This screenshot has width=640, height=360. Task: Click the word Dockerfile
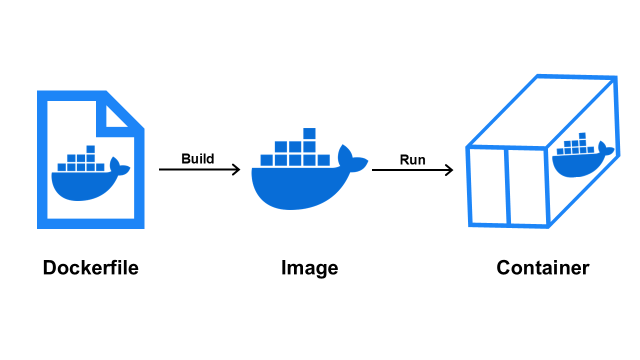pyautogui.click(x=90, y=268)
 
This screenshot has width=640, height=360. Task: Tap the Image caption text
pyautogui.click(x=309, y=268)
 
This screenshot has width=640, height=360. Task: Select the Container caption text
pyautogui.click(x=542, y=268)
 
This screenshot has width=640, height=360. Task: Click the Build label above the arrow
pyautogui.click(x=197, y=159)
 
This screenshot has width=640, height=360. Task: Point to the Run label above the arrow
pyautogui.click(x=412, y=160)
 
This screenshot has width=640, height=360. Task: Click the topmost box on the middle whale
pyautogui.click(x=309, y=133)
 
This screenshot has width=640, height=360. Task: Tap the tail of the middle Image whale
pyautogui.click(x=350, y=158)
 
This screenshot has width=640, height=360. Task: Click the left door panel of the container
pyautogui.click(x=488, y=186)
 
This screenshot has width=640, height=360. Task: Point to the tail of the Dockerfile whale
pyautogui.click(x=118, y=167)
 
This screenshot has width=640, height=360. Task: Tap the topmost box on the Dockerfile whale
pyautogui.click(x=90, y=149)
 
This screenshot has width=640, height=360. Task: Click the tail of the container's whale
pyautogui.click(x=603, y=149)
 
